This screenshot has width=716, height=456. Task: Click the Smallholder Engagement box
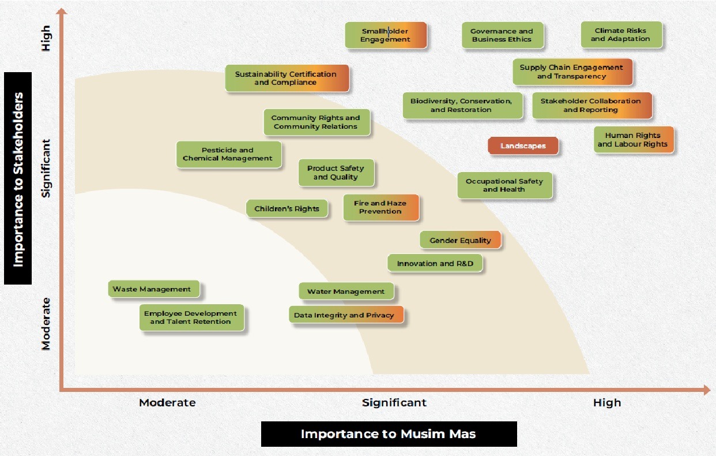(x=386, y=35)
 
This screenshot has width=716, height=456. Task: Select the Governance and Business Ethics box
(x=503, y=35)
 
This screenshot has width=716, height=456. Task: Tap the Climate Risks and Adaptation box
(x=621, y=35)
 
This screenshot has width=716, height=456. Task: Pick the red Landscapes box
(x=523, y=146)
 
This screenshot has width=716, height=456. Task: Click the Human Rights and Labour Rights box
(x=634, y=140)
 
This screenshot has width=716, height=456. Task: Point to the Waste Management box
(x=154, y=289)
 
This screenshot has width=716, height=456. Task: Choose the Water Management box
(x=346, y=291)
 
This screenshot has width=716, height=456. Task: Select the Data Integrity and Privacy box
(x=346, y=315)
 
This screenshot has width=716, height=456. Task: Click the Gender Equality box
(x=460, y=240)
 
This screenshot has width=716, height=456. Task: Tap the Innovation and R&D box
(x=435, y=263)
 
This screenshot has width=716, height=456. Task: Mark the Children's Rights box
(x=287, y=208)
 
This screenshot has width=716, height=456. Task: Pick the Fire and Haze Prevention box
(x=381, y=207)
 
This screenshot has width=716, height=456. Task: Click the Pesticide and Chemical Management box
(x=229, y=154)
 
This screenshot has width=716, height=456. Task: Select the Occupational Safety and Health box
(x=504, y=185)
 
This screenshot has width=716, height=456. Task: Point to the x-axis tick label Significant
(x=394, y=402)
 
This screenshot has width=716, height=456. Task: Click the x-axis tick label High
(x=607, y=402)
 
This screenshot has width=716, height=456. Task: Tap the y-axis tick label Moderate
(x=46, y=324)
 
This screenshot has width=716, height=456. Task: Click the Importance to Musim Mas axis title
(x=389, y=434)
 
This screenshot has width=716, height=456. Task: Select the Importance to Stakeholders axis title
(x=18, y=178)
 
